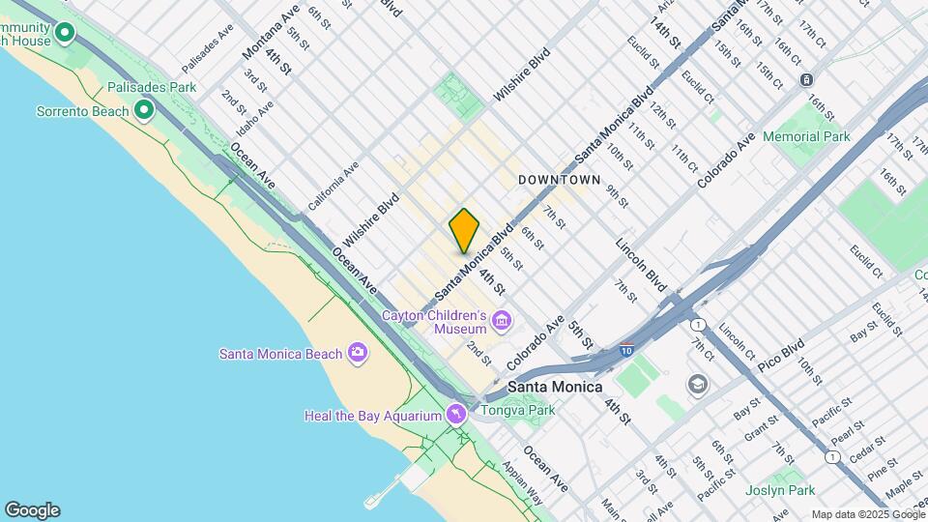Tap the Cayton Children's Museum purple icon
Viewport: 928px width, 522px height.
click(x=501, y=320)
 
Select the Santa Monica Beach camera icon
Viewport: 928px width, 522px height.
click(x=358, y=353)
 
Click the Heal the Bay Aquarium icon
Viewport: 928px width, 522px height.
click(x=456, y=416)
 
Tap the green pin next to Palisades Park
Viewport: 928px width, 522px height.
click(x=144, y=111)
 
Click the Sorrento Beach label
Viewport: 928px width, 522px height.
click(x=81, y=111)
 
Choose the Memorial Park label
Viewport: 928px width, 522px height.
click(x=806, y=136)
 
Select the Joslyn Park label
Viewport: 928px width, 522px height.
click(x=780, y=490)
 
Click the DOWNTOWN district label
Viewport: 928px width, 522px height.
click(x=560, y=181)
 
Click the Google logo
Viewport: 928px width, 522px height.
click(x=32, y=509)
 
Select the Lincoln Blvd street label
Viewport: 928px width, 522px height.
click(x=642, y=264)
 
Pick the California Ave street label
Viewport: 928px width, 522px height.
click(x=333, y=186)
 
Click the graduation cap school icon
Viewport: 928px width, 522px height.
click(x=696, y=386)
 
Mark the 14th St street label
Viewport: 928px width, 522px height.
click(x=666, y=34)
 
